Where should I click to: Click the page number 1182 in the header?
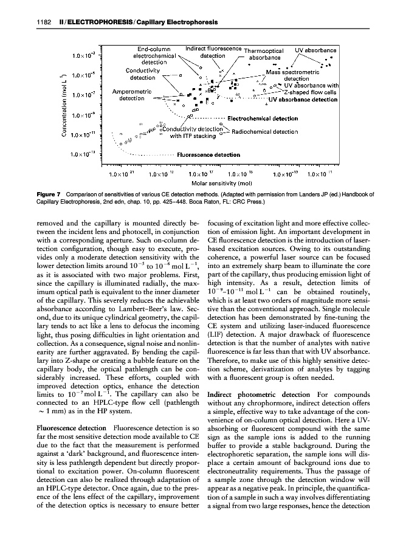click(38, 24)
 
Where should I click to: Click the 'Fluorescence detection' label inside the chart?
click(208, 154)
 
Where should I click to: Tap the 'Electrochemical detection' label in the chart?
click(262, 119)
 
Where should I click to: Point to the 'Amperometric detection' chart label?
click(132, 95)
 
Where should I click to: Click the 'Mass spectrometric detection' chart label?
click(296, 75)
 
